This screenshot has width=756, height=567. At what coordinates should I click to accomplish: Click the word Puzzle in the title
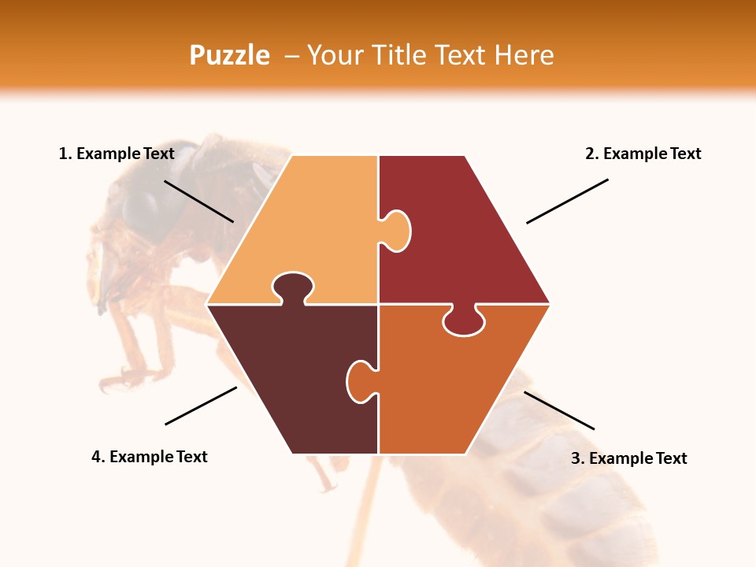[x=229, y=55]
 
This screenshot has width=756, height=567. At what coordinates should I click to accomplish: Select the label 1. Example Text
[x=117, y=154]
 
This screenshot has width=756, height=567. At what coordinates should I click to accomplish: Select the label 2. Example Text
[x=643, y=154]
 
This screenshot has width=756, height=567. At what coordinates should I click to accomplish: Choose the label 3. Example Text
[x=628, y=458]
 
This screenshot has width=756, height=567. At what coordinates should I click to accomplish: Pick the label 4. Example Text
[x=149, y=457]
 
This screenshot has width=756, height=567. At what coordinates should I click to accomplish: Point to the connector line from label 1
[x=198, y=201]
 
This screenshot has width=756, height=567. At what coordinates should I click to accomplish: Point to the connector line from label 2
[x=567, y=201]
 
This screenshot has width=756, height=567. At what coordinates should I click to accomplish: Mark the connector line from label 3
[x=559, y=410]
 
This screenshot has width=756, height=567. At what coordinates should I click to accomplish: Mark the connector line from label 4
[x=201, y=406]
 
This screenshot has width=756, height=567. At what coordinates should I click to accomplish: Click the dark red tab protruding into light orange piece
[x=398, y=231]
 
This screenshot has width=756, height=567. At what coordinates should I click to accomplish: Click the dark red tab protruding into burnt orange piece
[x=463, y=321]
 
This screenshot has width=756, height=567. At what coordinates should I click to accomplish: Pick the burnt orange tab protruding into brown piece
[x=359, y=380]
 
